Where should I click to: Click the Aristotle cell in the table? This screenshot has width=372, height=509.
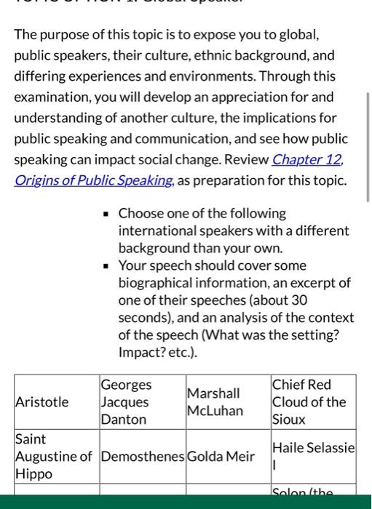click(42, 402)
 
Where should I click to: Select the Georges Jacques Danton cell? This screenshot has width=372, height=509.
click(126, 402)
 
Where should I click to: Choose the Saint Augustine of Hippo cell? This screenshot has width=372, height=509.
click(53, 457)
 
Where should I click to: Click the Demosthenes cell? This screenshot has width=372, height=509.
click(142, 457)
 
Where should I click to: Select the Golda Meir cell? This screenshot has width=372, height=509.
click(221, 457)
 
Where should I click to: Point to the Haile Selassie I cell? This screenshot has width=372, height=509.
click(312, 457)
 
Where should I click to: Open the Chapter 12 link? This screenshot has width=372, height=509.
click(307, 159)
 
